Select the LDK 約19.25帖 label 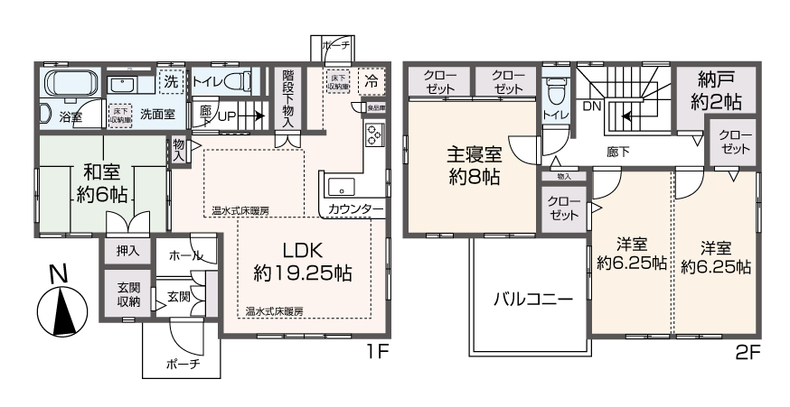[302, 259]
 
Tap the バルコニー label [531, 301]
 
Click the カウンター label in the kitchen [355, 209]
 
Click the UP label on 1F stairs [227, 116]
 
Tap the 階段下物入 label [287, 98]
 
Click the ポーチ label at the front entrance [182, 364]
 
